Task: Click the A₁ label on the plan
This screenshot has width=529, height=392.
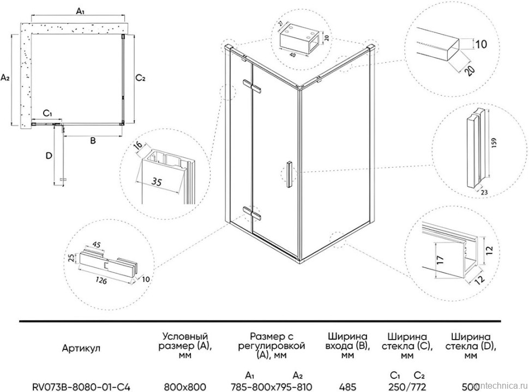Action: [x=80, y=10]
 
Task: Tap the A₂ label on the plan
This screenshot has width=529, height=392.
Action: [x=5, y=78]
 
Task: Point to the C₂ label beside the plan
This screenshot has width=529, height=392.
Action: [x=140, y=78]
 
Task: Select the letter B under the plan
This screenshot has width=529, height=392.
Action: [x=93, y=141]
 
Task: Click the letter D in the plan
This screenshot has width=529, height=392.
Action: [x=49, y=156]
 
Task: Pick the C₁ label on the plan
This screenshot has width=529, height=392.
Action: [x=47, y=114]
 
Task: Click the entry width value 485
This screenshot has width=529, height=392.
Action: [x=347, y=385]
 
